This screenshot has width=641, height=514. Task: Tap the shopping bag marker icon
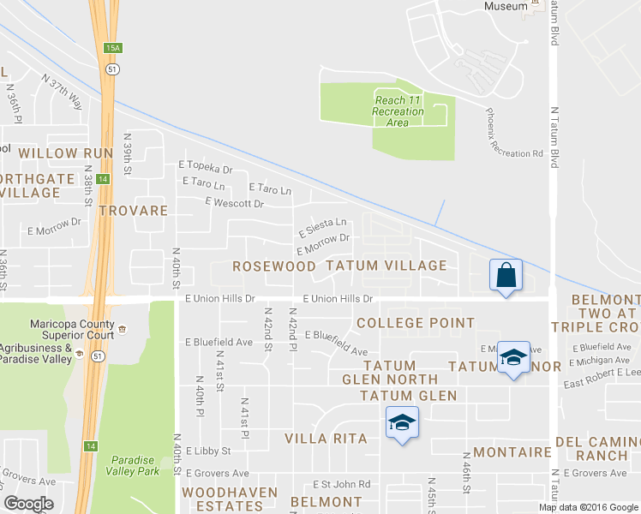[506, 276]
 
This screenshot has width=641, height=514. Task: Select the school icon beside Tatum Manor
[512, 359]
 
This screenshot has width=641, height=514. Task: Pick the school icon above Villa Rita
[401, 422]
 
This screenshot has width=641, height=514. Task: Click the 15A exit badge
[112, 48]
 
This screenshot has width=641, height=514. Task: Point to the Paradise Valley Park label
[133, 465]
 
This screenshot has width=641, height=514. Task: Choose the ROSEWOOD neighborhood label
[274, 266]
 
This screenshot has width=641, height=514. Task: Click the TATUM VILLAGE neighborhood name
[386, 266]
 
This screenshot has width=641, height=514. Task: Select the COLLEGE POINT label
[415, 323]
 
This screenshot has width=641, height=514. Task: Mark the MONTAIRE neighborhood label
[512, 452]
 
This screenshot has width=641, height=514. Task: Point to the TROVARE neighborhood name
[132, 210]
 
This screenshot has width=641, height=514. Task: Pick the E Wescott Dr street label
[234, 203]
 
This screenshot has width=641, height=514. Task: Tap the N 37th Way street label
[65, 91]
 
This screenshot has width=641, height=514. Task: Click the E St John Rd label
[340, 484]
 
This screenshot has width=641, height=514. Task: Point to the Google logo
[28, 504]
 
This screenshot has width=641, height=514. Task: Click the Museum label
[506, 6]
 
